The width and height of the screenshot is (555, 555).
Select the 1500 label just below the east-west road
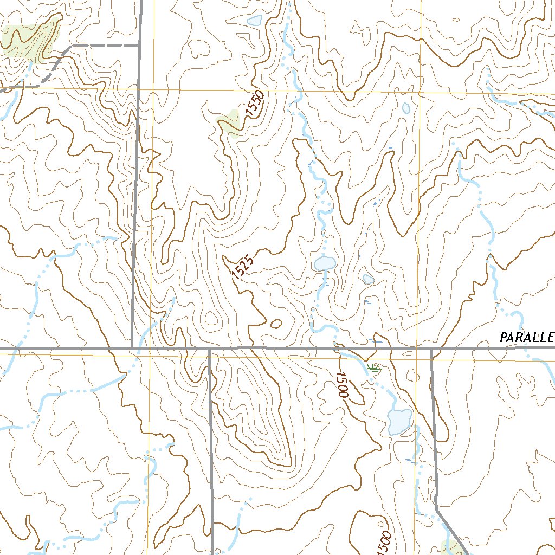click(341, 385)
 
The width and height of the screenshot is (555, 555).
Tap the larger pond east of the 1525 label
click(325, 264)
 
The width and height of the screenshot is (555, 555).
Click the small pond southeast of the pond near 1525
click(369, 279)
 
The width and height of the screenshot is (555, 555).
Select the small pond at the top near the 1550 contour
click(254, 21)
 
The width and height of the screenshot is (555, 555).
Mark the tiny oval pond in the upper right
click(406, 108)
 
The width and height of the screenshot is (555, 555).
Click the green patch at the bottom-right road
click(451, 546)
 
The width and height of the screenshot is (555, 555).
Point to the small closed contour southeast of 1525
click(276, 324)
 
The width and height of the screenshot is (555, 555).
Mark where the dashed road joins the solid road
click(139, 46)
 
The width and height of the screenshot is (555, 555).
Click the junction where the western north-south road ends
click(132, 347)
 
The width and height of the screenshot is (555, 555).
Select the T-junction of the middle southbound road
click(209, 348)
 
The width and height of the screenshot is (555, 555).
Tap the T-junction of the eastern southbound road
click(431, 348)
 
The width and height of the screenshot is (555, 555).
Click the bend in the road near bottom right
click(437, 508)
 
